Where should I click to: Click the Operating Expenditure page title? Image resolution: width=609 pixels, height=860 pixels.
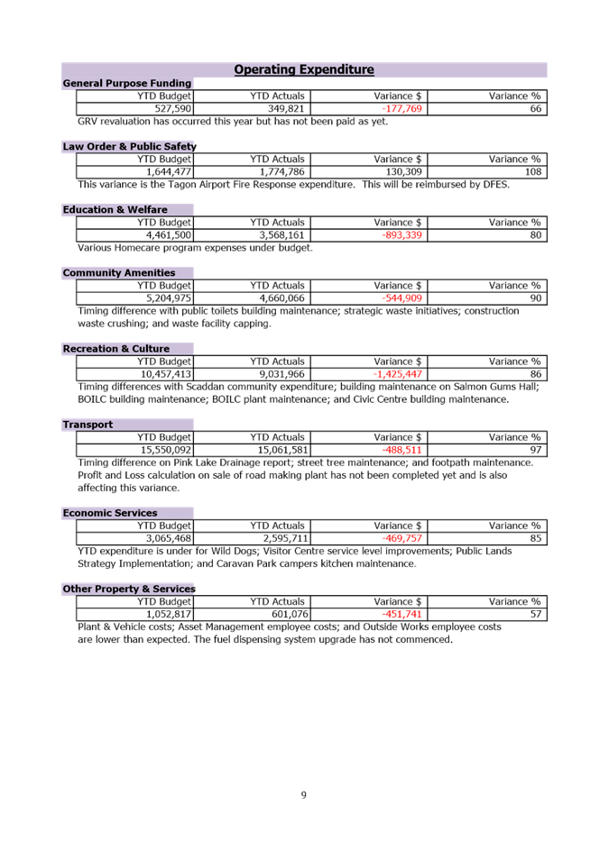coord(304,69)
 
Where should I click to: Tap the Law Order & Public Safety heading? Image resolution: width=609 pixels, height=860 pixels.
coord(129,146)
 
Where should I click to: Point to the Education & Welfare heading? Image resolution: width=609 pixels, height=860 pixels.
coord(115,209)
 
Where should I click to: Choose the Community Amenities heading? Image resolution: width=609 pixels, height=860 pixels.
coord(119,272)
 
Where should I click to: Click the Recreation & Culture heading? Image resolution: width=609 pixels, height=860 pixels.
coord(116,348)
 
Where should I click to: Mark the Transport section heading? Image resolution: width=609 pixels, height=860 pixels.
coord(88,424)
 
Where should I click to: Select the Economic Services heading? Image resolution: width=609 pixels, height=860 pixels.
coord(110,513)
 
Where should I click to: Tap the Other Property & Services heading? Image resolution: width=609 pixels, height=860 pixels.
coord(129,589)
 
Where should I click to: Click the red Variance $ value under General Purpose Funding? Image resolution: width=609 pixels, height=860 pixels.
coord(401,109)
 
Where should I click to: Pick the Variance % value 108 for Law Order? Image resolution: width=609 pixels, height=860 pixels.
coord(534,172)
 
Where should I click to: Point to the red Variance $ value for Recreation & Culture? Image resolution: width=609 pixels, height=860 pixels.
coord(398,374)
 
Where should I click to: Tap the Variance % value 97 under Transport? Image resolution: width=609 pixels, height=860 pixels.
coord(536,450)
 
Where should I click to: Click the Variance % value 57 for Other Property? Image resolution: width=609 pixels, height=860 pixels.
coord(536,615)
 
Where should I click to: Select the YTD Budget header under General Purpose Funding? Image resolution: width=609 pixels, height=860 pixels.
coord(165,96)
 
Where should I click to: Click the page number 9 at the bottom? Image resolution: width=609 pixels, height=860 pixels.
coord(304,795)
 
